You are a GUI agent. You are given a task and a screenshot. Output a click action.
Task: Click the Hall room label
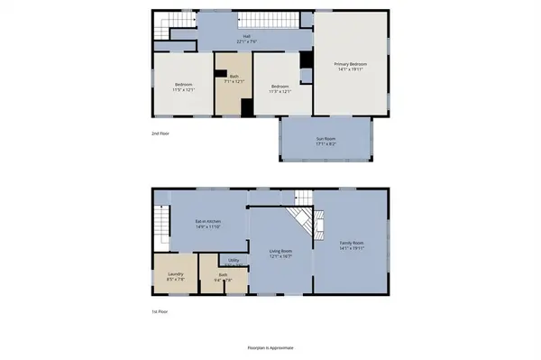point(245,36)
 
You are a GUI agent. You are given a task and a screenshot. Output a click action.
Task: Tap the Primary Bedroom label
point(350,64)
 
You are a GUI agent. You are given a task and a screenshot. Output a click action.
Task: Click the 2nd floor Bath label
point(234,78)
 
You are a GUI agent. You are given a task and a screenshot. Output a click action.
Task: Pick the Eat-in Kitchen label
point(209,221)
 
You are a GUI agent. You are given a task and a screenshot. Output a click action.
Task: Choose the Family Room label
point(351,243)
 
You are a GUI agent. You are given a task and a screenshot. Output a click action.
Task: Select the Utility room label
point(234,261)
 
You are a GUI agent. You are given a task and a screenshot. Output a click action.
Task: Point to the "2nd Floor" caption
point(161,133)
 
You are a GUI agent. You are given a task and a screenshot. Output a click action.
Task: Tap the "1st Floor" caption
point(160,311)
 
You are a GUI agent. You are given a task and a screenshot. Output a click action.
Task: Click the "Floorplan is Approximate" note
point(270,347)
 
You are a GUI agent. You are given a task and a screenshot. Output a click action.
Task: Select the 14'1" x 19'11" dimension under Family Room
point(351,248)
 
